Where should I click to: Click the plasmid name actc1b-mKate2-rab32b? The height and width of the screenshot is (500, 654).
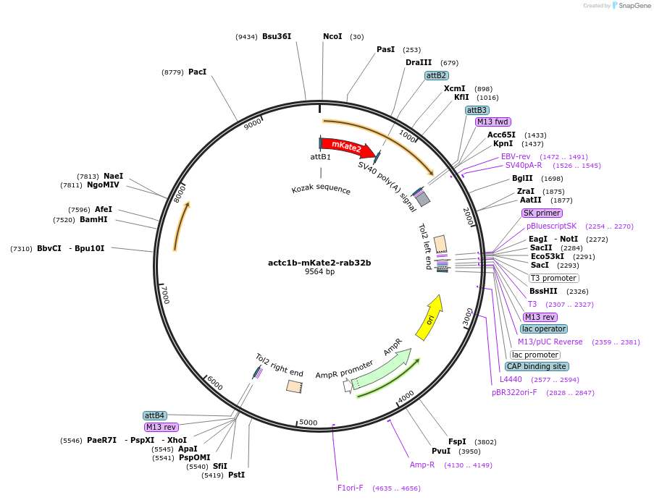coord(319,263)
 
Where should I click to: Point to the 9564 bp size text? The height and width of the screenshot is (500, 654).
coord(319,272)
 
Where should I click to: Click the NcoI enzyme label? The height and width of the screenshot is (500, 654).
coord(332,36)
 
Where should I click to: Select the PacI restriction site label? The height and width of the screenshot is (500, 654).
coord(197,72)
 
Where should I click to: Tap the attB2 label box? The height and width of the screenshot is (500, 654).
coord(436,75)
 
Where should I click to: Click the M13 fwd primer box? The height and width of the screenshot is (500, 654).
coord(492,122)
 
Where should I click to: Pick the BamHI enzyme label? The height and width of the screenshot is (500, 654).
coord(93,219)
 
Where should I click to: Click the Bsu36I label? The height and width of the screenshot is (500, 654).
coord(277,36)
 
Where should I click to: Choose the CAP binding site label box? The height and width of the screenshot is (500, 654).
coord(536,366)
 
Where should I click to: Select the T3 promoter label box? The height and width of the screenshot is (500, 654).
coord(553,278)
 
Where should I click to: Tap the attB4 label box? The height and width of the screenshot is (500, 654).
coord(155,415)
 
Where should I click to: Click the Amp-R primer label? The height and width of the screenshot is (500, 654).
coord(422,465)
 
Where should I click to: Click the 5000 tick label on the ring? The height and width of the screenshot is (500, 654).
coord(309,423)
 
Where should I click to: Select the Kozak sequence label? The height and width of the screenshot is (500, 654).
coord(321,190)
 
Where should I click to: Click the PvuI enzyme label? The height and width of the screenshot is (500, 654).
coord(441,451)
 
